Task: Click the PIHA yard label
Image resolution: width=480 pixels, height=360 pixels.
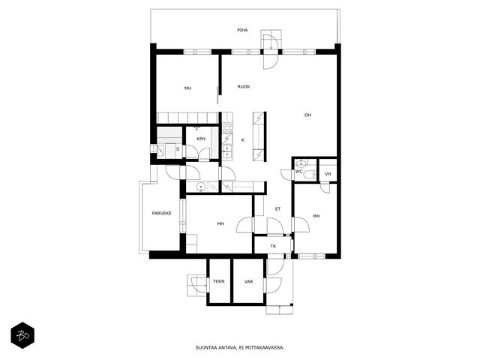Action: (x=242, y=30)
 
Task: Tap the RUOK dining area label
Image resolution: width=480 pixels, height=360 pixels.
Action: (x=244, y=87)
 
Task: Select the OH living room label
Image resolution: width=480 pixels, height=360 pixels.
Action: (x=307, y=115)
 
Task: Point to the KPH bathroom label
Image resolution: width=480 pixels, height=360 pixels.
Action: (x=201, y=139)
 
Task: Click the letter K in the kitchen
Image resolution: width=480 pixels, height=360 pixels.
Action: (x=243, y=140)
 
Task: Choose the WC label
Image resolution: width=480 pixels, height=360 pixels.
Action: (x=298, y=172)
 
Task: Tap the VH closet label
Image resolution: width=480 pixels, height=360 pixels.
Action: (x=328, y=174)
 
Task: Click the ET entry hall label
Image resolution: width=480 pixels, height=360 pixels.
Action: (x=277, y=209)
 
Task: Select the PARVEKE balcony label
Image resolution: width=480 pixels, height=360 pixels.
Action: (x=162, y=213)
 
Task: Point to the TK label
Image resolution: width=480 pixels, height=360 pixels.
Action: (x=273, y=246)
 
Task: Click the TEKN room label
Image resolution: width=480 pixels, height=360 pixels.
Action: (x=219, y=281)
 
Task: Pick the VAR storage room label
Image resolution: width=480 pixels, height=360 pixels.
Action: (x=248, y=282)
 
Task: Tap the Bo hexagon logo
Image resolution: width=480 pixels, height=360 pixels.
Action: (x=22, y=335)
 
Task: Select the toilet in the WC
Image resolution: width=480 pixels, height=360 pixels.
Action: (x=310, y=175)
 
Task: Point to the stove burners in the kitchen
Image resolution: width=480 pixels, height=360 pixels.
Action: (x=227, y=127)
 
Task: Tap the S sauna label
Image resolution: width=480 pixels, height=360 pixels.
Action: (x=178, y=149)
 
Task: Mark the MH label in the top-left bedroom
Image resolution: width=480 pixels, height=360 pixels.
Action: (x=187, y=88)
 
